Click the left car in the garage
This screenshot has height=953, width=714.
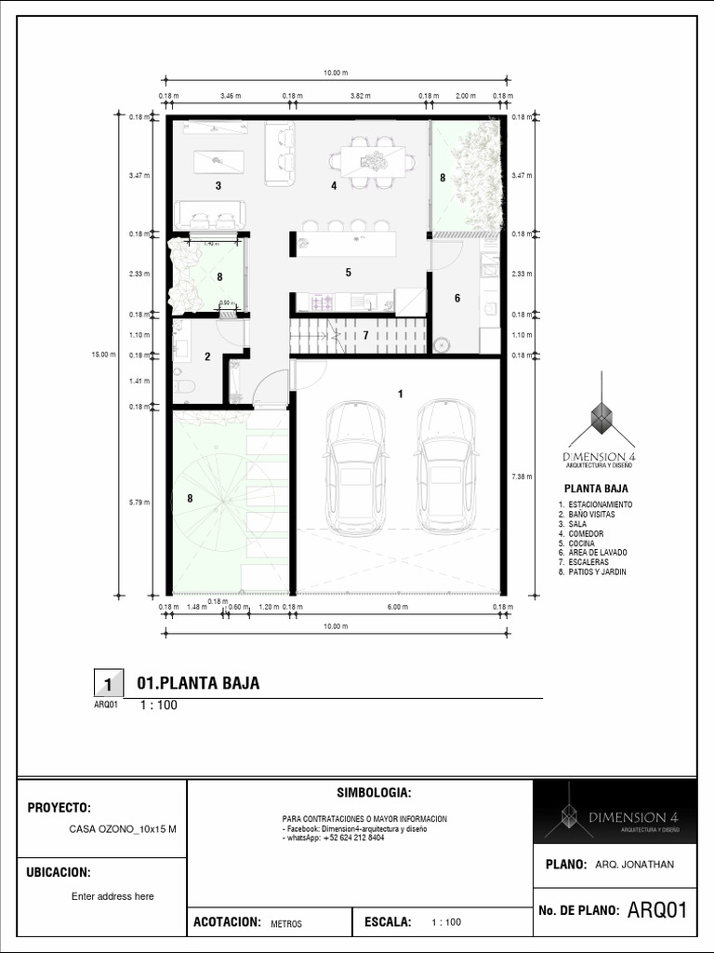355,467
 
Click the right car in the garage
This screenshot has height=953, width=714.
447,467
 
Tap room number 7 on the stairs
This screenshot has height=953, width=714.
366,335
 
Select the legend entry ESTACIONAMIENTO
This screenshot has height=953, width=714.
599,504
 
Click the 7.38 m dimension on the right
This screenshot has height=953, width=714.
522,476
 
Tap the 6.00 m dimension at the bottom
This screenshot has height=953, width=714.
397,608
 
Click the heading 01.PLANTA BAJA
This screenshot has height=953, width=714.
198,684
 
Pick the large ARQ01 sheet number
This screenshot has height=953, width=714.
657,909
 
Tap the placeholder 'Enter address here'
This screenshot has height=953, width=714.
112,896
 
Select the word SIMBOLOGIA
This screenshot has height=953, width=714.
373,792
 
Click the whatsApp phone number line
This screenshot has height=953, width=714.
335,838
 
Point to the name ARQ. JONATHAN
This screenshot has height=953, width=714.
634,865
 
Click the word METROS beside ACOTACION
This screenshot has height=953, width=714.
286,924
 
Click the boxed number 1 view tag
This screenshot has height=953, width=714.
108,685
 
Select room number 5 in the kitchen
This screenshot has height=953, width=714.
348,273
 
